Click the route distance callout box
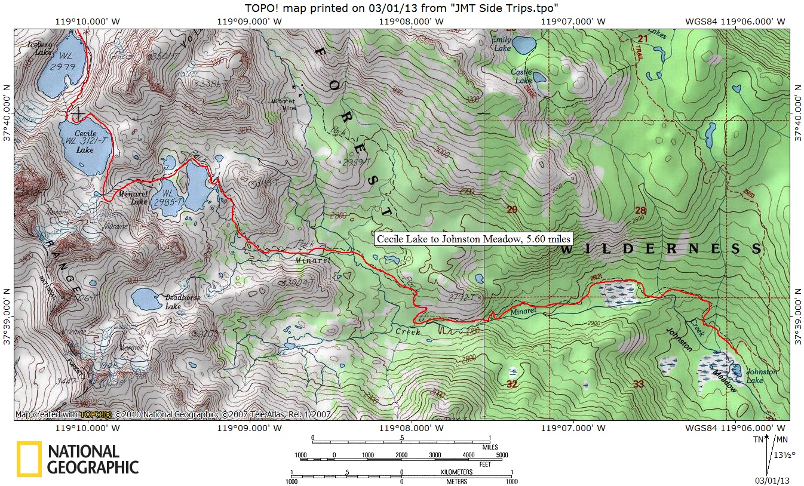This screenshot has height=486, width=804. (474, 239)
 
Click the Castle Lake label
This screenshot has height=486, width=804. (521, 76)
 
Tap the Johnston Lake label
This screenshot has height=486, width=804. (762, 376)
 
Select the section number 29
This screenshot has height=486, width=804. (512, 210)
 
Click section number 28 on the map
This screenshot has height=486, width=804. (640, 210)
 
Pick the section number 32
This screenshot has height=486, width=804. (511, 384)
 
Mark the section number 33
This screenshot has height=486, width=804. (639, 384)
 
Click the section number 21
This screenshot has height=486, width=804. (642, 39)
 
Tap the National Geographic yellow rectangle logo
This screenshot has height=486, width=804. (29, 459)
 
